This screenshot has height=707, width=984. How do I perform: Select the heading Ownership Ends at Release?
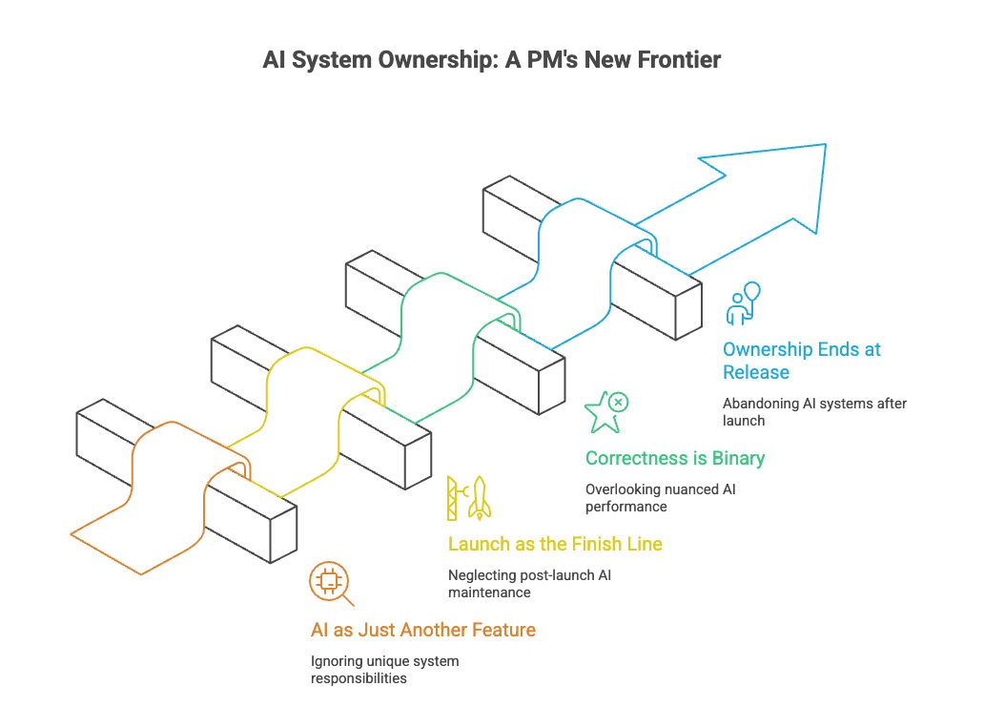(x=801, y=361)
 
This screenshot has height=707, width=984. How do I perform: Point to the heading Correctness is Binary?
(x=675, y=458)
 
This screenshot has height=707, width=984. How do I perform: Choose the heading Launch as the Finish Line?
(x=555, y=544)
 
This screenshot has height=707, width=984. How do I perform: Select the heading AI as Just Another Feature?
(x=422, y=630)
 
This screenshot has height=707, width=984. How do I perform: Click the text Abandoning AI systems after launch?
(x=814, y=411)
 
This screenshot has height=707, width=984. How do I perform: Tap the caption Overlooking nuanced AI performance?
(x=660, y=497)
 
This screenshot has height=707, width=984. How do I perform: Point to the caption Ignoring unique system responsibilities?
(x=384, y=670)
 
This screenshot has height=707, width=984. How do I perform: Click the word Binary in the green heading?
(x=738, y=458)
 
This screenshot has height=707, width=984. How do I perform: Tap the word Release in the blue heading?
(x=756, y=372)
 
